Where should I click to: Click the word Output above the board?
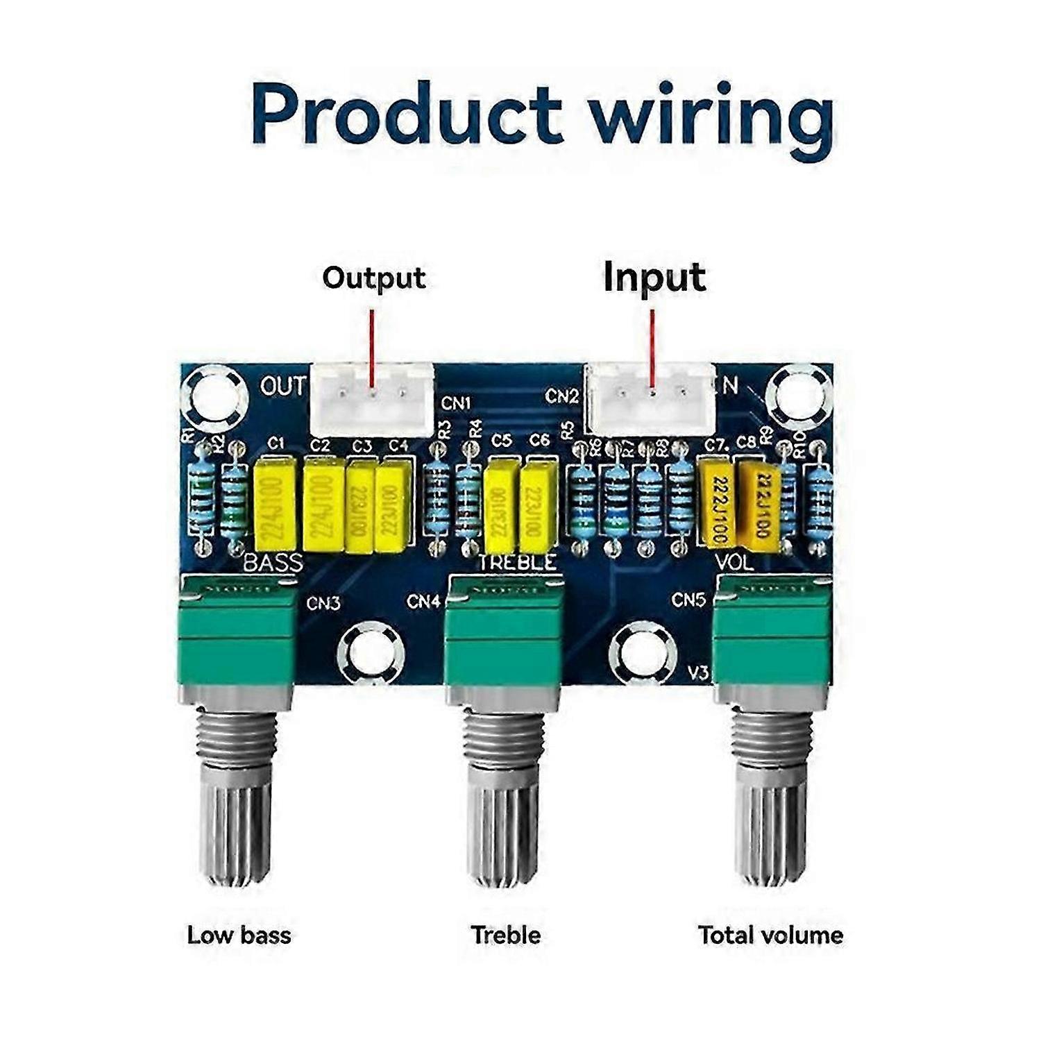(373, 278)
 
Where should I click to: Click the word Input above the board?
(654, 278)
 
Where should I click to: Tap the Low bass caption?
(239, 935)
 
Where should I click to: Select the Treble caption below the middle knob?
(505, 935)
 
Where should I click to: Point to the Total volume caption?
(770, 935)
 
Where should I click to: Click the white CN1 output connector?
(372, 400)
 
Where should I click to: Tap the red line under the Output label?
(372, 347)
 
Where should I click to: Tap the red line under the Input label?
(652, 347)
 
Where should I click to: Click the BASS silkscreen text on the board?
(273, 562)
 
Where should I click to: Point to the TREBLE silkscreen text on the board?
(517, 562)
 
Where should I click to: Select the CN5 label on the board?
(688, 599)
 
